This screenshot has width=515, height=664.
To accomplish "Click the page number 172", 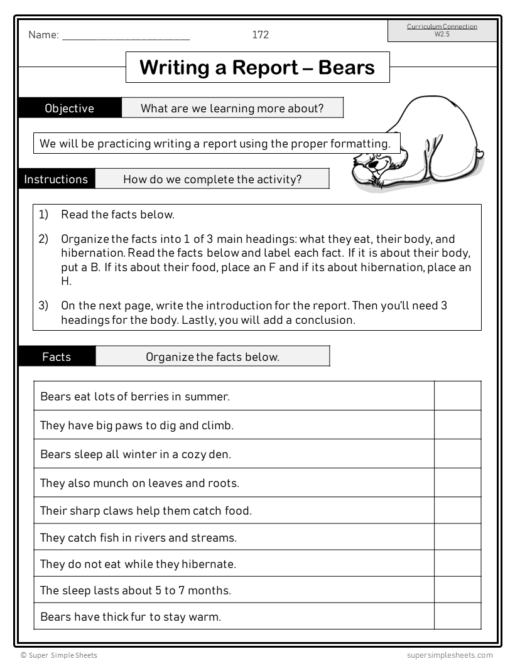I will [260, 35].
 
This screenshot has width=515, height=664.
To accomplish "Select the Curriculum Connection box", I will [442, 30].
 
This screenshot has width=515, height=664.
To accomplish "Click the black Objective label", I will [69, 108].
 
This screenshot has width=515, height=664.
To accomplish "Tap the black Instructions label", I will [56, 179].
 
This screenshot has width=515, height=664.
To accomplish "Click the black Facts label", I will [57, 356].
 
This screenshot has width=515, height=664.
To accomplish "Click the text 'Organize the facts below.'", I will [212, 356].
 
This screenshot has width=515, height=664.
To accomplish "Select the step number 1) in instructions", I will [43, 215].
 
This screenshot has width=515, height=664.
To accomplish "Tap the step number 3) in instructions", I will [43, 306].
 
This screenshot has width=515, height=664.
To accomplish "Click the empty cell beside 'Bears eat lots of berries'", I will [457, 396].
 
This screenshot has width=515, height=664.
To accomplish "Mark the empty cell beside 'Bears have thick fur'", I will [457, 616].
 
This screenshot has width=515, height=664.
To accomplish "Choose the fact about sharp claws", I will [146, 510].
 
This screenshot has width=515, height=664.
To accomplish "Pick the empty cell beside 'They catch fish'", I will [457, 537].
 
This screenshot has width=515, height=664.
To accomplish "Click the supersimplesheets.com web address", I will [449, 655].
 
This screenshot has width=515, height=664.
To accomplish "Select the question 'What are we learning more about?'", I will [232, 108].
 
